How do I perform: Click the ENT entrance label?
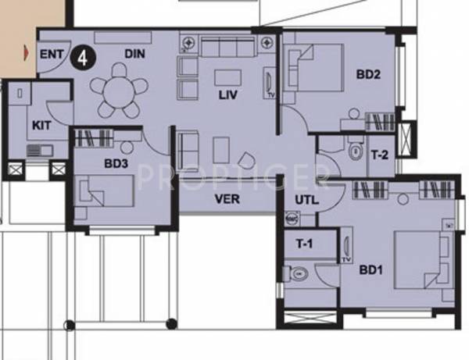(x=50, y=55)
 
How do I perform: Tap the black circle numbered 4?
(x=81, y=56)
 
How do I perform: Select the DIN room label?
(x=134, y=53)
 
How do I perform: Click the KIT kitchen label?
(x=41, y=125)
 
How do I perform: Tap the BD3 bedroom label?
(x=116, y=166)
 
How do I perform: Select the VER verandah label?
(x=227, y=199)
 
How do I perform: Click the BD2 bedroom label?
(x=368, y=76)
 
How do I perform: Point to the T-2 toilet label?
(x=379, y=155)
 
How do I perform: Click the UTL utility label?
(x=306, y=200)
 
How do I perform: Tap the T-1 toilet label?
(x=305, y=244)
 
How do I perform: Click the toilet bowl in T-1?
(x=302, y=275)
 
